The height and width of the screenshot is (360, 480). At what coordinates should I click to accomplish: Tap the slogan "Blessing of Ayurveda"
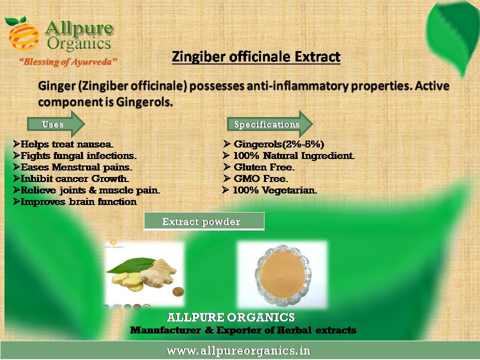click(x=68, y=62)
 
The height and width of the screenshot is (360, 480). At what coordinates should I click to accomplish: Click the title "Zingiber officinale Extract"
click(x=256, y=57)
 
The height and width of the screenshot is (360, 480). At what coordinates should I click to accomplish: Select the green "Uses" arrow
click(x=55, y=124)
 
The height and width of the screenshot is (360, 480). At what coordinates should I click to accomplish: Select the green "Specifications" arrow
click(x=269, y=124)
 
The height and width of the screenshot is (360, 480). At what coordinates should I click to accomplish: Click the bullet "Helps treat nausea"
click(x=63, y=144)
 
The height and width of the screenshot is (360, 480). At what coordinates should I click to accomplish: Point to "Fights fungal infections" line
click(x=74, y=155)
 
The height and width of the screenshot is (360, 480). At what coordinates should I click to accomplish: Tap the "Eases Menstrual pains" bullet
click(x=72, y=167)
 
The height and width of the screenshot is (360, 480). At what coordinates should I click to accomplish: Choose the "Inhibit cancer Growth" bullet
click(x=70, y=178)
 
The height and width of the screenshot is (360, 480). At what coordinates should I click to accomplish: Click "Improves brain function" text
click(x=75, y=201)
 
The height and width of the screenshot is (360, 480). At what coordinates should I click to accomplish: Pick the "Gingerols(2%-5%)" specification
click(x=273, y=144)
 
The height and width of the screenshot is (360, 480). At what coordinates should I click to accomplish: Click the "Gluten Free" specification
click(x=258, y=167)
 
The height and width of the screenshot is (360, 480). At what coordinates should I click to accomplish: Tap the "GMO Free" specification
click(x=255, y=178)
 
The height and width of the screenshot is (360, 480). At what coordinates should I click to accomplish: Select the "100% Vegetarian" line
click(x=269, y=190)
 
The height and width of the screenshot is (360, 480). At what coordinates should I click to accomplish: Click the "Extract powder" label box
click(x=204, y=221)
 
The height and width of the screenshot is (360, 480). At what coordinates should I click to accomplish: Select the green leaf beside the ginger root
click(x=130, y=265)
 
